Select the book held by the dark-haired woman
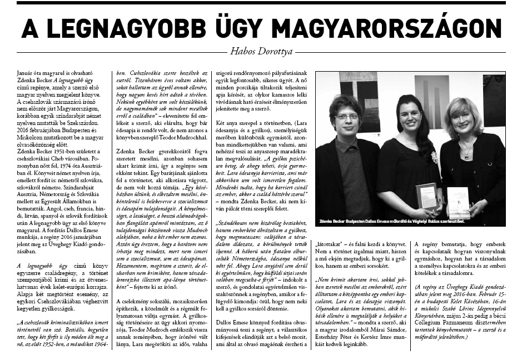pyautogui.click(x=427, y=196)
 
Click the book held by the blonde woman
pyautogui.click(x=458, y=202)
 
